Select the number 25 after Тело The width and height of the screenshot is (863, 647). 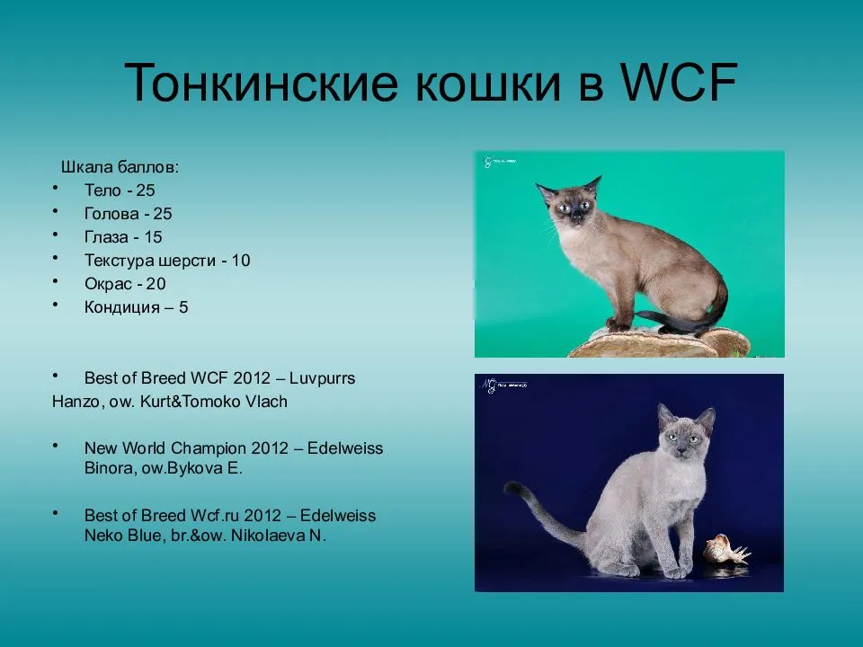click(146, 191)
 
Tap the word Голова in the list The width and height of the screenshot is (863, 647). click(111, 214)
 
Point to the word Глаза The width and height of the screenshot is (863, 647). click(107, 237)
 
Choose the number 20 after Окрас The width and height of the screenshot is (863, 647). click(156, 284)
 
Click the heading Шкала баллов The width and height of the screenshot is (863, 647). click(120, 167)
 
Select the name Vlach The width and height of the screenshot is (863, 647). click(266, 402)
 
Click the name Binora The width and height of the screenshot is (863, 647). click(110, 468)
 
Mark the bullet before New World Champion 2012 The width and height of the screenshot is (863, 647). click(56, 444)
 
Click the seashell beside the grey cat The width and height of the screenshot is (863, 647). click(725, 548)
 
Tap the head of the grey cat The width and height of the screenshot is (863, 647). click(685, 433)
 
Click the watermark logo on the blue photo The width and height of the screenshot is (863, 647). click(489, 386)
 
